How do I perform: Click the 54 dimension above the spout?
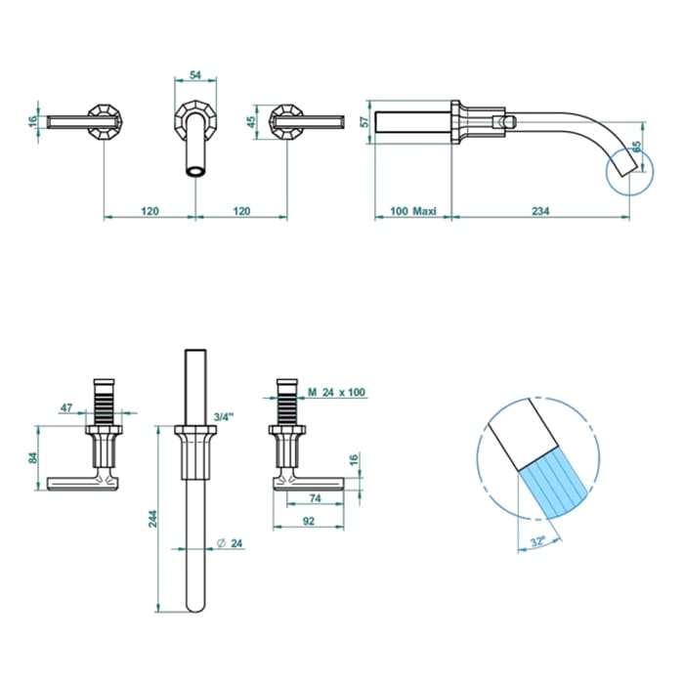pos(195,75)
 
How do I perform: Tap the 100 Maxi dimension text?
pos(412,211)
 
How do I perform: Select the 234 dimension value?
pos(540,211)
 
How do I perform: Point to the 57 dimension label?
pos(365,122)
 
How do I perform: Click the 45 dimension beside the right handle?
pos(251,122)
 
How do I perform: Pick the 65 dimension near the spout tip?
pos(636,147)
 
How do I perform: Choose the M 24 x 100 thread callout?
pos(336,392)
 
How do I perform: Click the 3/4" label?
pos(224,416)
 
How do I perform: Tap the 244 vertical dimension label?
pos(152,519)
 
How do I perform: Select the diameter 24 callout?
pos(230,543)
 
